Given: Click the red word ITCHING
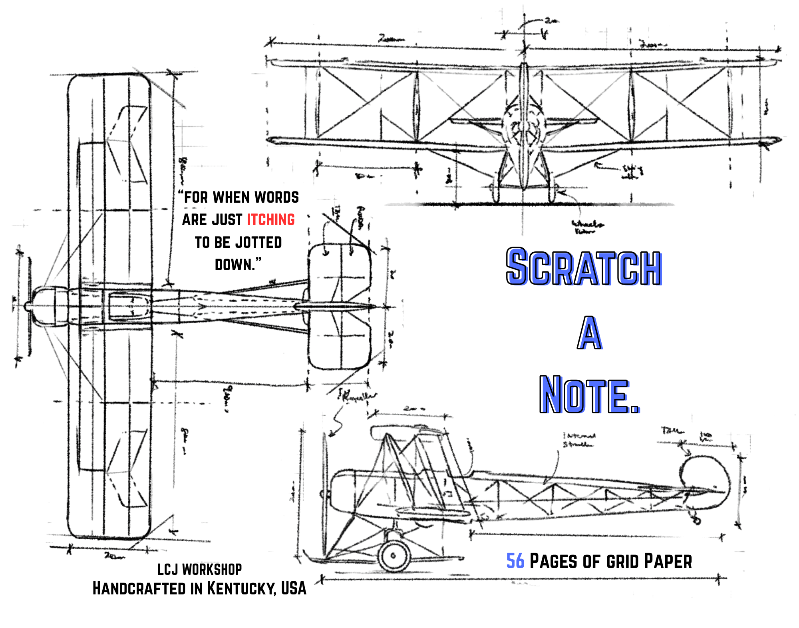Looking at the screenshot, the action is [270, 220].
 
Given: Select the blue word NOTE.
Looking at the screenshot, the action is [589, 395].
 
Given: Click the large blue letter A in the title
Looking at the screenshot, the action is [589, 333].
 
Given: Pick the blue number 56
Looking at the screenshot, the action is [515, 561].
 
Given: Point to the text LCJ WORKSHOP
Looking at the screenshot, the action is [199, 569].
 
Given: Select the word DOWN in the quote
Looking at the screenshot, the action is [234, 265].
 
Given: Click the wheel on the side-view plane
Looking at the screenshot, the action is [394, 555].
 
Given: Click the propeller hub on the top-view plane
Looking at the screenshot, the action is [28, 307].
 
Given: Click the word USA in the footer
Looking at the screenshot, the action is [294, 588].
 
